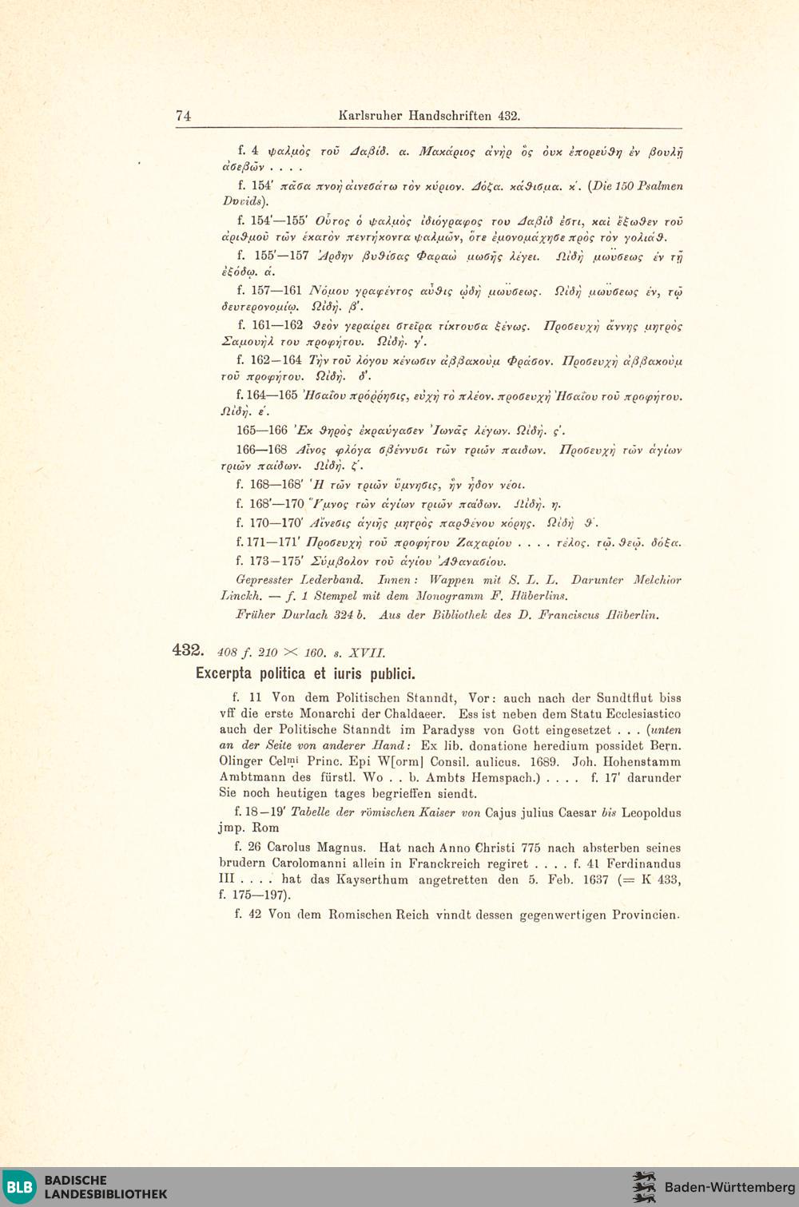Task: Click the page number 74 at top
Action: coord(183,116)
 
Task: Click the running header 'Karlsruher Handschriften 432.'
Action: coord(429,116)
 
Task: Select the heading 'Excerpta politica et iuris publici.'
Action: coord(305,673)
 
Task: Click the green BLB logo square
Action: coord(19,1186)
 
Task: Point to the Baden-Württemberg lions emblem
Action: coord(643,1187)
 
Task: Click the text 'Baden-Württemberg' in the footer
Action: coord(729,1187)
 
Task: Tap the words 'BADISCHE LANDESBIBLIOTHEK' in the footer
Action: coord(105,1187)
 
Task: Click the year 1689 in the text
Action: coord(546,762)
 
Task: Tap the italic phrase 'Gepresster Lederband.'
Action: coord(300,580)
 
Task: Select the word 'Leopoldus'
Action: coord(651,812)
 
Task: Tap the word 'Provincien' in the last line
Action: coord(645,915)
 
